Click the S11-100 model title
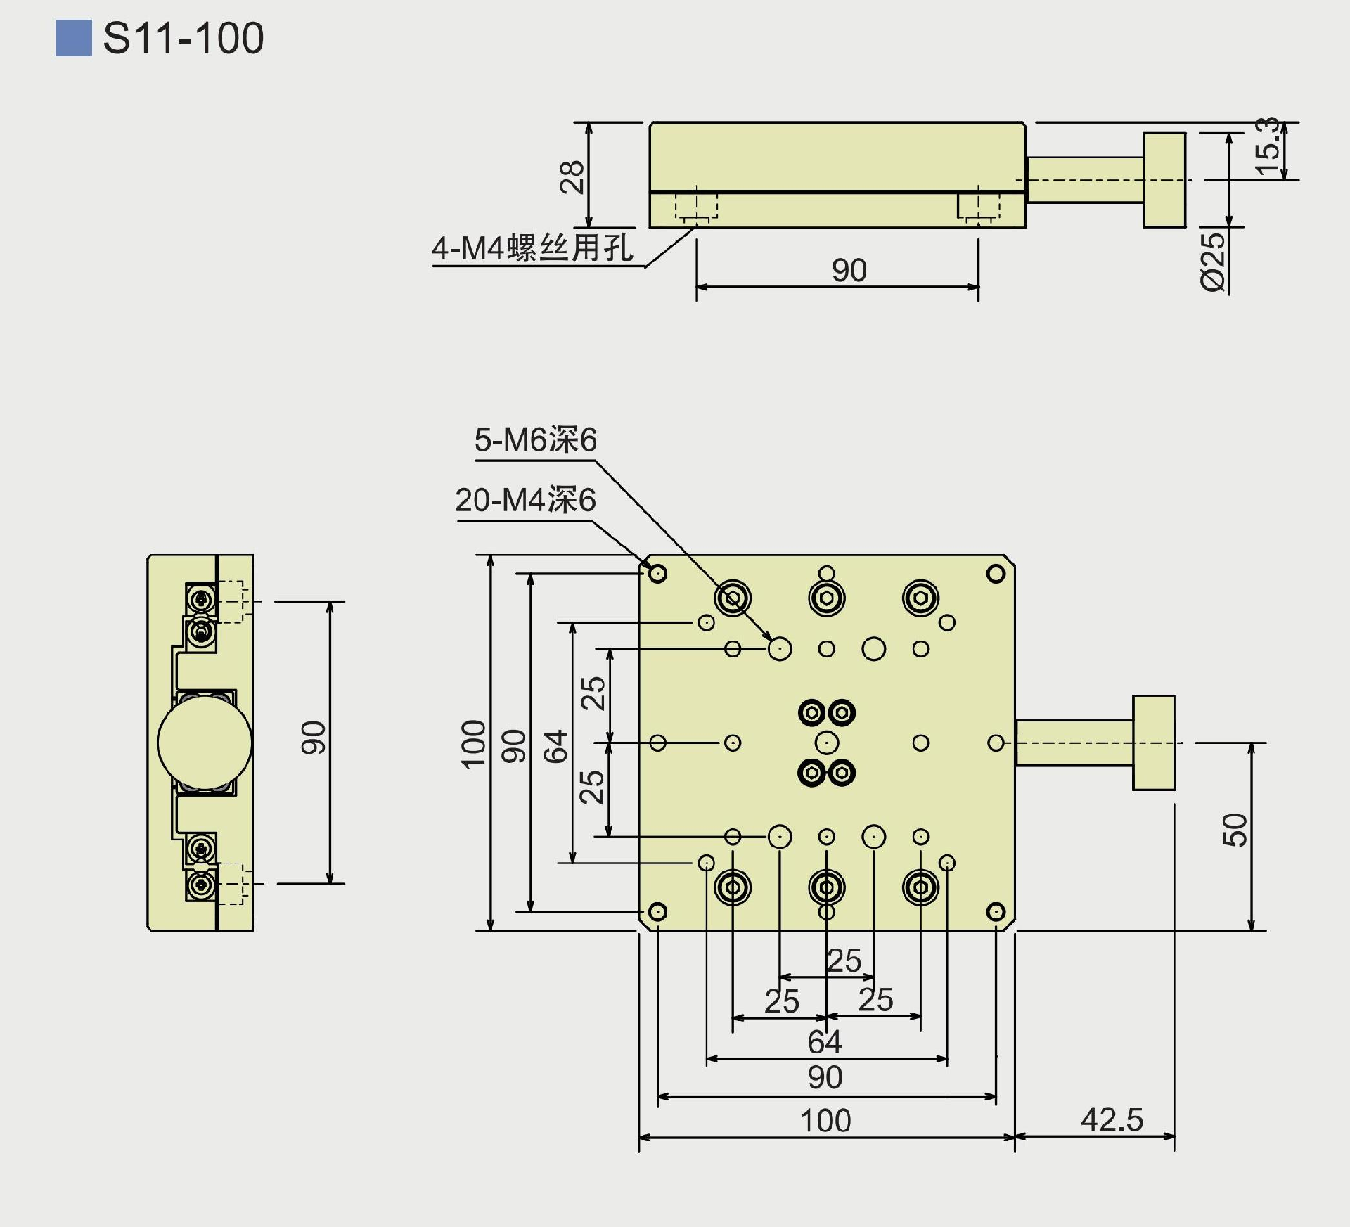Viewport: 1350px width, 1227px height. click(x=183, y=38)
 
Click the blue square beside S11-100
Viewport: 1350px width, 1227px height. click(x=73, y=38)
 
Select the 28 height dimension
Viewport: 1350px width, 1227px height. click(x=572, y=176)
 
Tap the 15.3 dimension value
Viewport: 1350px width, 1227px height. click(x=1267, y=146)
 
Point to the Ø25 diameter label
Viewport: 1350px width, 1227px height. click(x=1212, y=261)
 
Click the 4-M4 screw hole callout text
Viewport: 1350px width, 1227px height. click(x=532, y=248)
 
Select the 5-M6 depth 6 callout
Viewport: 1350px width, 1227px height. click(x=535, y=440)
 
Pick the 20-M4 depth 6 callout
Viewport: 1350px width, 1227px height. click(x=525, y=500)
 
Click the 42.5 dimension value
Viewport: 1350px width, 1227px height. click(x=1112, y=1120)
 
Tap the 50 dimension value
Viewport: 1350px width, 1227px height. click(x=1235, y=830)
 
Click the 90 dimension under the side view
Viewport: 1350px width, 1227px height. click(x=849, y=271)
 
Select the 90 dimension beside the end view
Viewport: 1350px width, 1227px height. click(x=314, y=738)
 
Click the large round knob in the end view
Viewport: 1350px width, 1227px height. click(x=205, y=743)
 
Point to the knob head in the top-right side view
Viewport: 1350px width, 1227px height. click(x=1164, y=180)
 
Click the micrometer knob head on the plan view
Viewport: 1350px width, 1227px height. click(x=1153, y=743)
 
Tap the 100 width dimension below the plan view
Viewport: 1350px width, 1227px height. click(x=825, y=1121)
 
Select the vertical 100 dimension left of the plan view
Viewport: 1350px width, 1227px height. click(x=473, y=744)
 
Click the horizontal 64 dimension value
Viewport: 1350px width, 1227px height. click(x=824, y=1042)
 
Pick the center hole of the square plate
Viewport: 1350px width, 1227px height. click(x=827, y=743)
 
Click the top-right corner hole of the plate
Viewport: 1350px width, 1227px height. click(x=996, y=574)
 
